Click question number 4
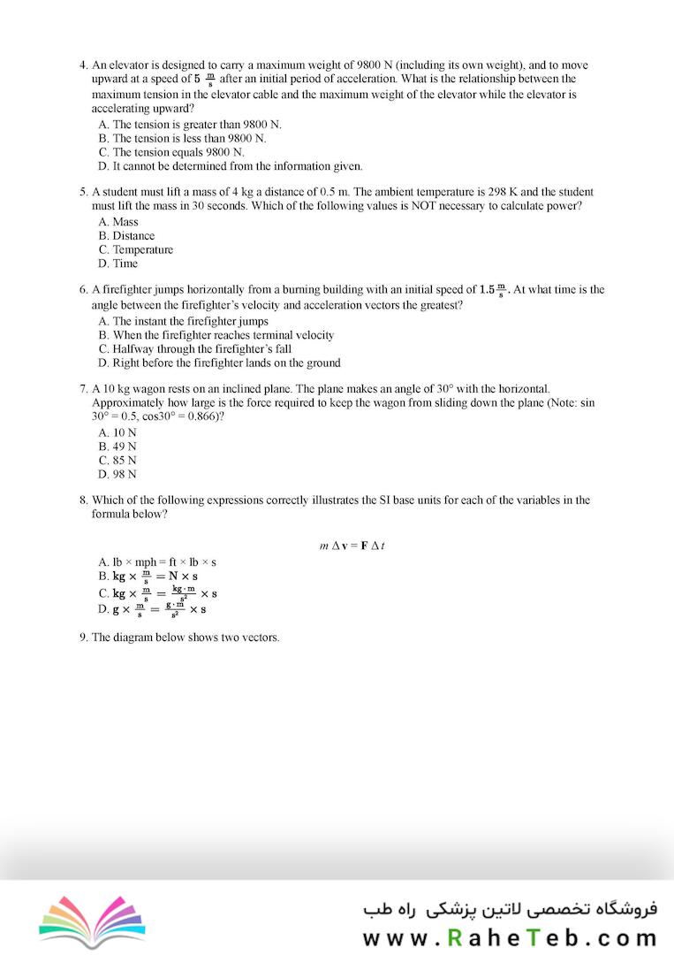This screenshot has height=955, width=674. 83,65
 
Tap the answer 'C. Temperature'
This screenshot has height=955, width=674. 136,249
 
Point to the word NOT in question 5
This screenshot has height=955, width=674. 464,206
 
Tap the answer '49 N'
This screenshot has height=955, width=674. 117,447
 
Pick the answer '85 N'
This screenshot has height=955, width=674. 117,461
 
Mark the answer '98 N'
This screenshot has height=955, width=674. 117,474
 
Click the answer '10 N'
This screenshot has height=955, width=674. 117,432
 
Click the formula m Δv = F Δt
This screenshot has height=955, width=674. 352,546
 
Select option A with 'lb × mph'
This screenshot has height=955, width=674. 158,562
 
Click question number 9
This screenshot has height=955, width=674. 83,637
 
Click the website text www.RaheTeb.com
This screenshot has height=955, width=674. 511,936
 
